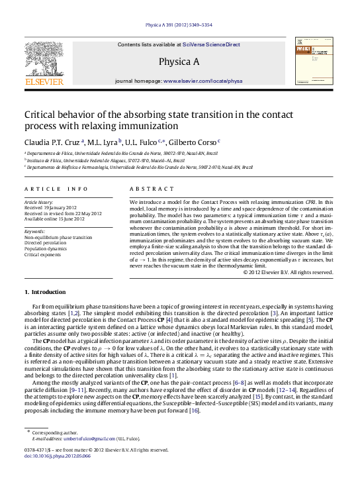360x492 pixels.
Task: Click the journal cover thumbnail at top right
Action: click(x=316, y=60)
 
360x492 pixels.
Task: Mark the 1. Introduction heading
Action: click(x=45, y=292)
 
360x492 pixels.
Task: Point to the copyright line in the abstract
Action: click(x=291, y=271)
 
